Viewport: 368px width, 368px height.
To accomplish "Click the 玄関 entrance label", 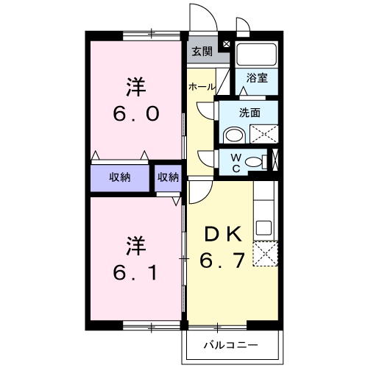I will coord(202,52).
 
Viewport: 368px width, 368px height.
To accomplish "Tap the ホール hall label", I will coord(202,87).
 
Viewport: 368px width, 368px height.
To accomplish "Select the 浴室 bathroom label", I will coord(257,77).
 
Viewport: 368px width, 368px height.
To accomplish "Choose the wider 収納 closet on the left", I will coord(121,177).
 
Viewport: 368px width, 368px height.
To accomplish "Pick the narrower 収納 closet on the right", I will coord(168,177).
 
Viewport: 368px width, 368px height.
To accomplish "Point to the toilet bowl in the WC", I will coord(255,162).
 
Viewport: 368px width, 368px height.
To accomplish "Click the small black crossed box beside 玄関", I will coord(225,45).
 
